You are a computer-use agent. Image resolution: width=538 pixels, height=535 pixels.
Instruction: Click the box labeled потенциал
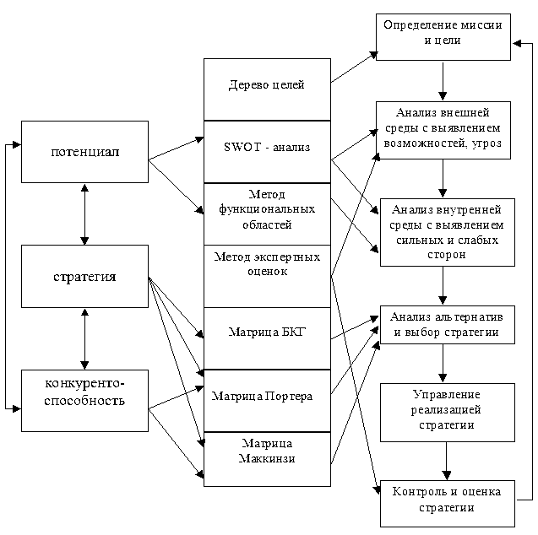point(84,152)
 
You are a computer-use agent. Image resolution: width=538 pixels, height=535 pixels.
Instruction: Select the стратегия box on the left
point(84,276)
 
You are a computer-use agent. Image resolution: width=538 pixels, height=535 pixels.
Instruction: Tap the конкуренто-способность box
point(84,393)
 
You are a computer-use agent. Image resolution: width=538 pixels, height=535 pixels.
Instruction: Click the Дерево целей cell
point(267,84)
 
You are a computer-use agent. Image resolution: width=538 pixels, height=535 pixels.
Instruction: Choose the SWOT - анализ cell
point(267,147)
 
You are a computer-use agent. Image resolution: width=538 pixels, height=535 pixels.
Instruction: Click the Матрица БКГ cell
point(267,332)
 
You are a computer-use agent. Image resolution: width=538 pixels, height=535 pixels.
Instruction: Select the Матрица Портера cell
point(267,396)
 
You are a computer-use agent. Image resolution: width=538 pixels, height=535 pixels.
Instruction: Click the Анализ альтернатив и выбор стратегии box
point(446,325)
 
